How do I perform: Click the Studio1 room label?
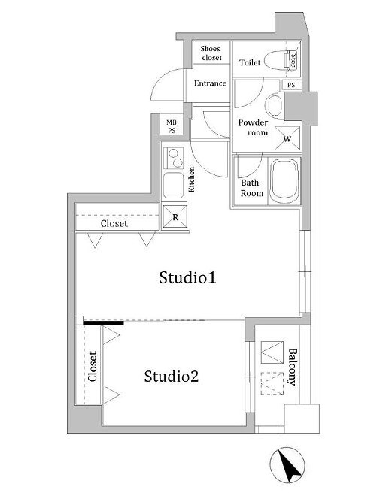pos(188,278)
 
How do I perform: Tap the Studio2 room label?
pos(172,376)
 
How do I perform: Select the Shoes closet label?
pos(210,53)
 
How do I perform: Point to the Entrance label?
pos(210,83)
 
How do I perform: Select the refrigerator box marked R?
pos(175,216)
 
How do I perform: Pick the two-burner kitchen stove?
pos(175,159)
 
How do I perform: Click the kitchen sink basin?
pos(173,185)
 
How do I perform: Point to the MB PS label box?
pos(172,126)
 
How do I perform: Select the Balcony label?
pos(292,366)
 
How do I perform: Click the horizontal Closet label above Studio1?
pos(114,224)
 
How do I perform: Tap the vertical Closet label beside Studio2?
pos(93,367)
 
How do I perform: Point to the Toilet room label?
pos(250,63)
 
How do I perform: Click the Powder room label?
pos(253,127)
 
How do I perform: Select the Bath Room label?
pos(251,188)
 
